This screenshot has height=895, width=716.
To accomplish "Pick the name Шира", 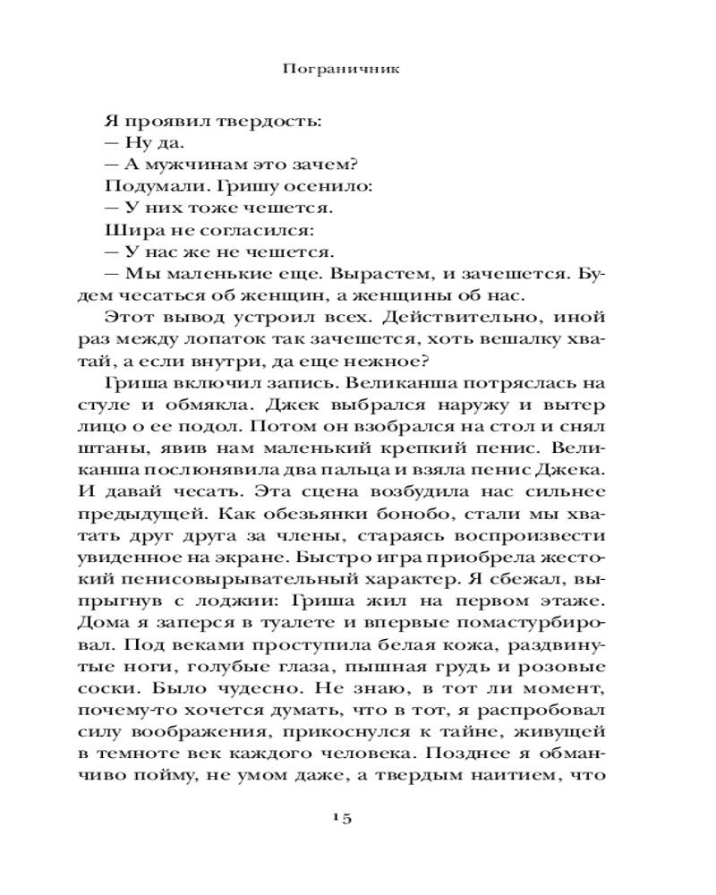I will click(x=125, y=230).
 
